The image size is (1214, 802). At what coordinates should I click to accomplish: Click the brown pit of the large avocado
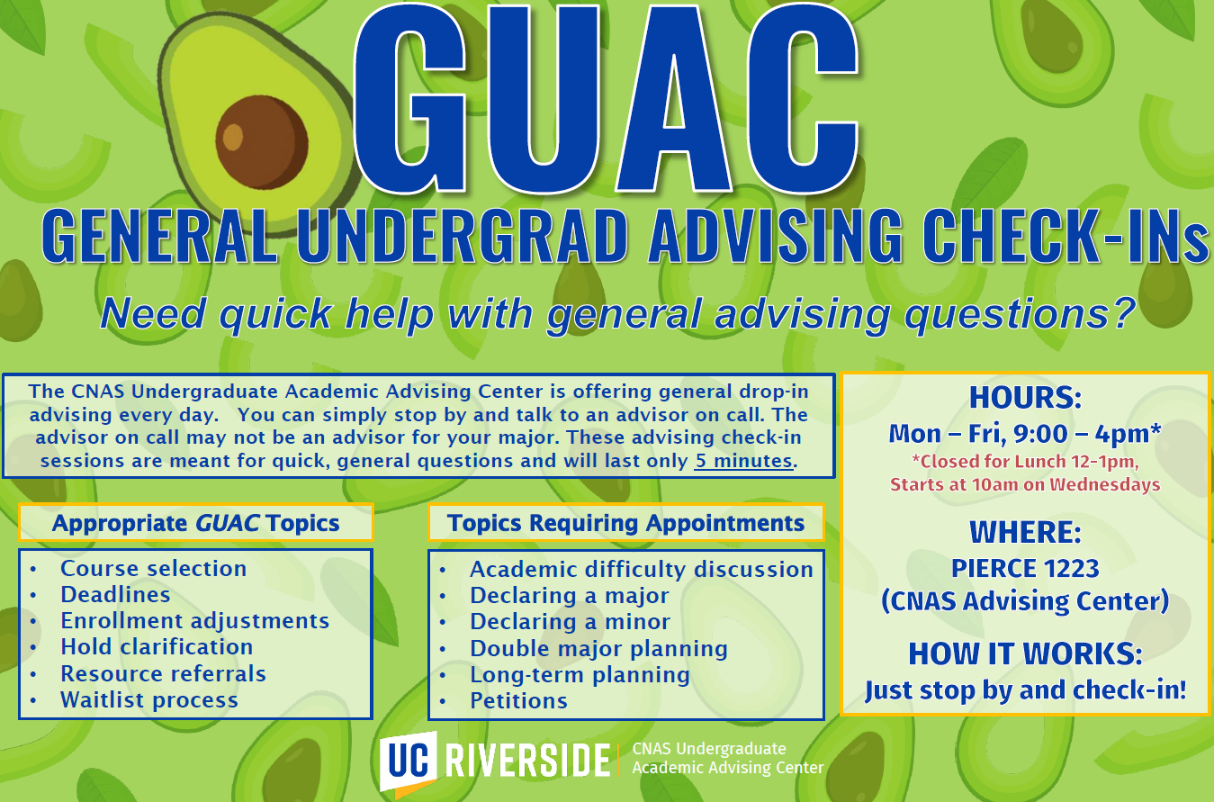pos(262,142)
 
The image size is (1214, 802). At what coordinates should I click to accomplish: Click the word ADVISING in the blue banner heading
pos(776,236)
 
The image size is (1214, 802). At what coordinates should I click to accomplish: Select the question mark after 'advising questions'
pos(1121,312)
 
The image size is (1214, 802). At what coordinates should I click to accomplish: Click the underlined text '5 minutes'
pos(743,460)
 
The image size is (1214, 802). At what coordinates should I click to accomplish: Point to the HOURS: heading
pos(1025,398)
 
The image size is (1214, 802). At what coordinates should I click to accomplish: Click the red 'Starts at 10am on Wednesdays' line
pos(1025,484)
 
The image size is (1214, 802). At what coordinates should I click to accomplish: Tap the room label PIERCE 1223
pos(1025,568)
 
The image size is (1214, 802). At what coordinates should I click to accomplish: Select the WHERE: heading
pos(1025,532)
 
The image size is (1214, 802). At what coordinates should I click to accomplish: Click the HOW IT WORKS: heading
pos(1025,653)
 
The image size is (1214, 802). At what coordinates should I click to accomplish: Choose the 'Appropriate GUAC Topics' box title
pos(195,523)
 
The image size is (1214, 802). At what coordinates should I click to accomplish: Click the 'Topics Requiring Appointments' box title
pos(626,523)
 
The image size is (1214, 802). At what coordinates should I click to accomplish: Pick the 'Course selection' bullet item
pos(153,568)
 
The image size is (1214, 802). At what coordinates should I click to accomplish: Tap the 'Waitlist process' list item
pos(149,699)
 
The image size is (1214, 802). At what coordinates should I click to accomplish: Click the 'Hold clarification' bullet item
pos(157,646)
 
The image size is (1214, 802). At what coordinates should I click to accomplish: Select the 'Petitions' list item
pos(518,700)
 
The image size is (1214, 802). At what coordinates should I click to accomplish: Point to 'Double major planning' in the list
pos(598,649)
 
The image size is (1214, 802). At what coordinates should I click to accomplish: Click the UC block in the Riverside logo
pos(408,761)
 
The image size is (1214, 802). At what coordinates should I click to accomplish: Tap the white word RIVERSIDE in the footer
pos(527,761)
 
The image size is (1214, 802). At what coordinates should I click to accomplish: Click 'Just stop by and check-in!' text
pos(1025,690)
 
